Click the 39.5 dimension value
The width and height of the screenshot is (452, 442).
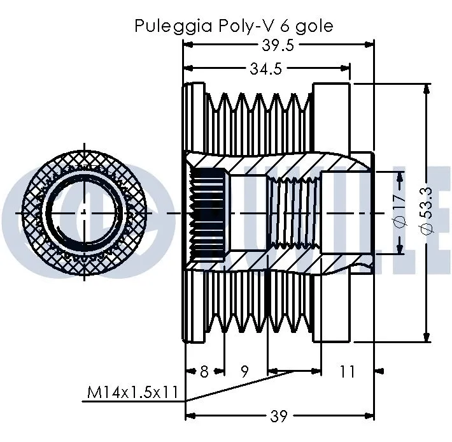pyautogui.click(x=278, y=45)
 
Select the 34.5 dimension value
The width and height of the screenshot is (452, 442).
pyautogui.click(x=265, y=70)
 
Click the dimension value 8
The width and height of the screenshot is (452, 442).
pyautogui.click(x=204, y=371)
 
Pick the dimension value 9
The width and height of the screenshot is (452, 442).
pyautogui.click(x=245, y=371)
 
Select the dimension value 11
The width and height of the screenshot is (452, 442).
pyautogui.click(x=346, y=371)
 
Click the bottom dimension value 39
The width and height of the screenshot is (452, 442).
pyautogui.click(x=279, y=416)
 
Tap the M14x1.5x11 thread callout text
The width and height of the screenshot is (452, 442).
pyautogui.click(x=132, y=392)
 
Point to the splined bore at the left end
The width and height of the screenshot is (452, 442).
pyautogui.click(x=208, y=211)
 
